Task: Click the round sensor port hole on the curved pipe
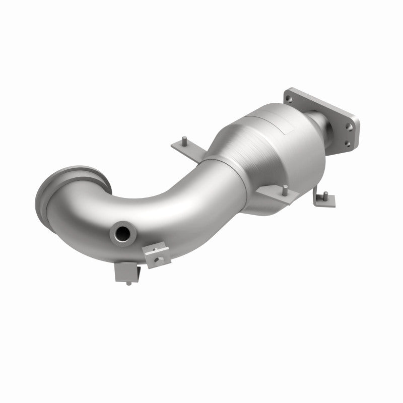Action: coord(122,233)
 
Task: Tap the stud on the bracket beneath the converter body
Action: coord(285,190)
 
